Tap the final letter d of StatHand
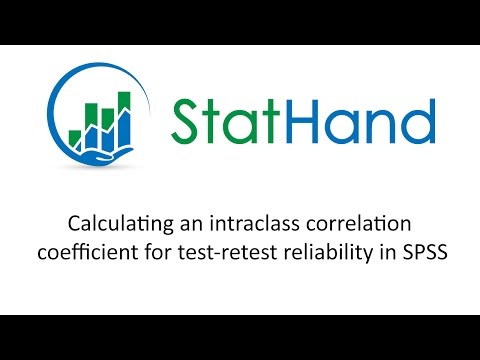(x=421, y=121)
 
